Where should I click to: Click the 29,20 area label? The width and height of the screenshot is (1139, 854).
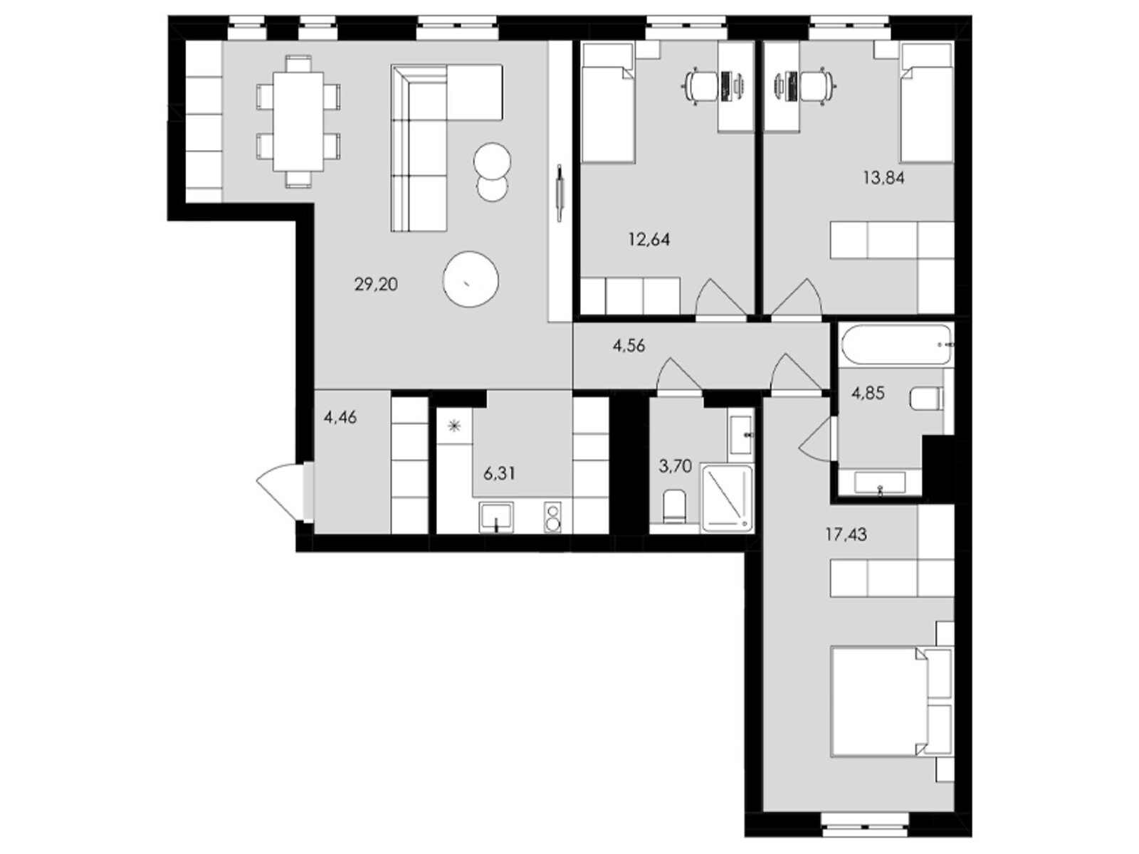(x=376, y=284)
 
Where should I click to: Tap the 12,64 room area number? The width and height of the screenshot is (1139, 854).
(x=649, y=240)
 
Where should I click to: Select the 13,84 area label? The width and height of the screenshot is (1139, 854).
(x=883, y=179)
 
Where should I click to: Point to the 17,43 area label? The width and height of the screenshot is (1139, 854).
(x=846, y=534)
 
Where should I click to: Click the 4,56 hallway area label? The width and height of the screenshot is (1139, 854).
(x=629, y=346)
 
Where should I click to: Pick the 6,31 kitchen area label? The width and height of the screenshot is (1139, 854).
(x=499, y=474)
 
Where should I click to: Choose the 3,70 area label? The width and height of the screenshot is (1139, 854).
(x=675, y=467)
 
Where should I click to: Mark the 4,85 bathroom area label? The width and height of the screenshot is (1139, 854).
(x=868, y=394)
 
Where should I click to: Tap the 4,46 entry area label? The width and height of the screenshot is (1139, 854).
(x=340, y=418)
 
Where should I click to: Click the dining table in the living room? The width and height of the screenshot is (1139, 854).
(x=298, y=121)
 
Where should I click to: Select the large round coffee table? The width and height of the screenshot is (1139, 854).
(x=470, y=280)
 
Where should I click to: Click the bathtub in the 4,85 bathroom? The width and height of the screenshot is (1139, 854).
(x=896, y=343)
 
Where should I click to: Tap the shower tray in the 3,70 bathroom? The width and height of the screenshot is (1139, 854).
(x=727, y=499)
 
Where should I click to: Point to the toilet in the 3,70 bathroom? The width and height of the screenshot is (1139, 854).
(x=674, y=506)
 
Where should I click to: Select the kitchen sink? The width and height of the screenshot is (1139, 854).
(x=497, y=517)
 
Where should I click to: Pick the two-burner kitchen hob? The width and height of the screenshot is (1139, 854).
(x=553, y=517)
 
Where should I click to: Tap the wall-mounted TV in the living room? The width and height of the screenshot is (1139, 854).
(x=559, y=193)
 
